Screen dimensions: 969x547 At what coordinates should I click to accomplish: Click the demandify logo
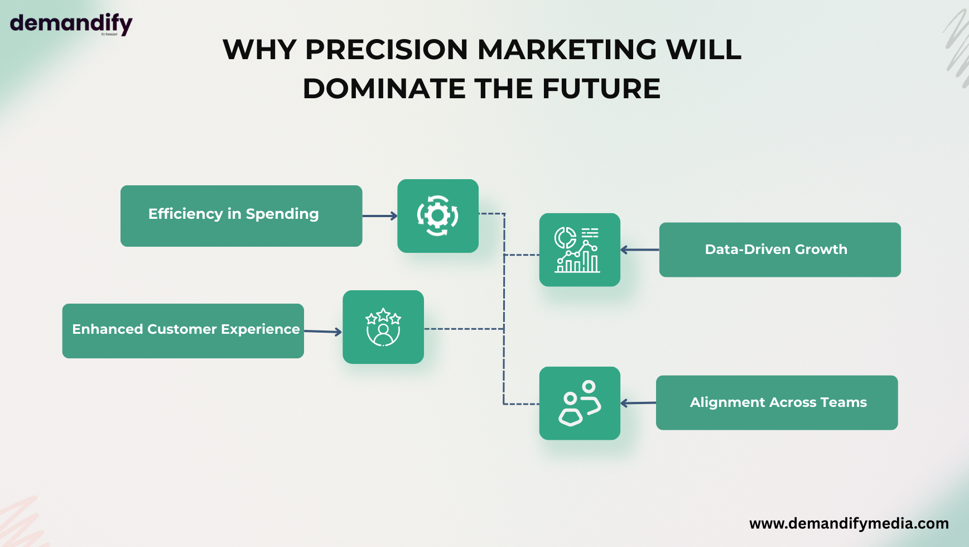(x=71, y=25)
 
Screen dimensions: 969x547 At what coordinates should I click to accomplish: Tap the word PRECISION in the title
(x=387, y=50)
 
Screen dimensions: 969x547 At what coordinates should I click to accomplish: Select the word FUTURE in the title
(x=601, y=89)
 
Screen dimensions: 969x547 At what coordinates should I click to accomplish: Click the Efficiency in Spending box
(x=242, y=216)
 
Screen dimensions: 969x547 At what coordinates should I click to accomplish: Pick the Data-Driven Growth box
(x=780, y=249)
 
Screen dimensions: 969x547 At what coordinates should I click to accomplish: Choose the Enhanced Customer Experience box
(x=183, y=331)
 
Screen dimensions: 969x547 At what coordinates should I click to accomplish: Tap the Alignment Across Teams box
(x=777, y=402)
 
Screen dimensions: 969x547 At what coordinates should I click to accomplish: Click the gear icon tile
(x=438, y=216)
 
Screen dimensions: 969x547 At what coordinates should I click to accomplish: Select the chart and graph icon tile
(x=580, y=249)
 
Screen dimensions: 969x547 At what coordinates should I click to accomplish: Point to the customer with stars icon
(x=383, y=327)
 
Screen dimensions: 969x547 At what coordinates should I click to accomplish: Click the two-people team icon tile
(x=580, y=403)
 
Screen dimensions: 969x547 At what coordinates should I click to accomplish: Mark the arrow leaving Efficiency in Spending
(x=380, y=216)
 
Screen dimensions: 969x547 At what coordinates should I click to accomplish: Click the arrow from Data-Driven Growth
(x=640, y=249)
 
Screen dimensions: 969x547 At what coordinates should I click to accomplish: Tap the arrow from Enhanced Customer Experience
(x=323, y=332)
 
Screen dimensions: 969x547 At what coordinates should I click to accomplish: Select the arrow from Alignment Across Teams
(x=638, y=403)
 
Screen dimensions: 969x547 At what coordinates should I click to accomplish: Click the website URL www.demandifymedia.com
(x=849, y=524)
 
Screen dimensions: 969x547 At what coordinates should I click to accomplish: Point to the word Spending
(x=282, y=214)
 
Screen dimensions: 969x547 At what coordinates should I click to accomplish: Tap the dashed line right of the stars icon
(x=464, y=329)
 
